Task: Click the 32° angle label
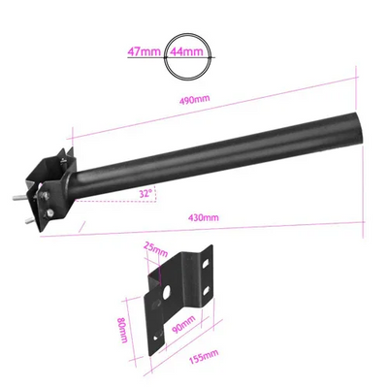point(145,194)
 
